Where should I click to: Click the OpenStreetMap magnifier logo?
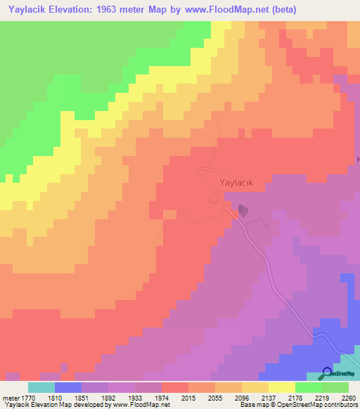(327, 372)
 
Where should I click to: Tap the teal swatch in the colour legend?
(41, 387)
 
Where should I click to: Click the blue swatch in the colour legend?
(68, 387)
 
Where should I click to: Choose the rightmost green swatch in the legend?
(335, 387)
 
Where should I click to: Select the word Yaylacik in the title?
(25, 10)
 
